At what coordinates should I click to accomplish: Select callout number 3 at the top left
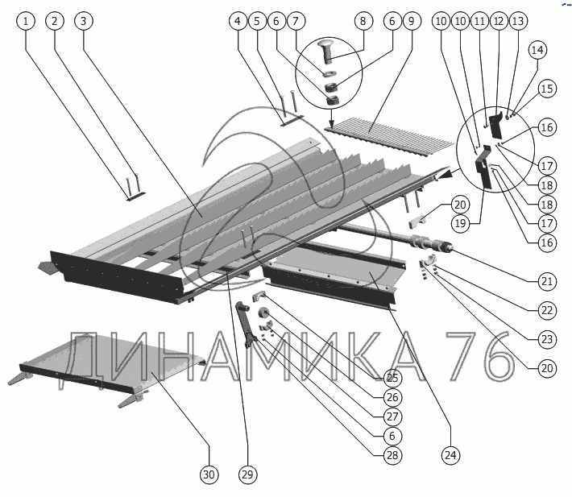click(83, 22)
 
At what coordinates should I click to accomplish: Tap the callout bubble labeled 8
click(361, 23)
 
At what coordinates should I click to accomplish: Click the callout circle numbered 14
click(537, 50)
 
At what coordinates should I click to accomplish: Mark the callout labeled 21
click(547, 281)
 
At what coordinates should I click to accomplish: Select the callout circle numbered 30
click(209, 475)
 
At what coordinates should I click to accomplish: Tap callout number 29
click(246, 475)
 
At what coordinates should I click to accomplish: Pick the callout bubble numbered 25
click(392, 377)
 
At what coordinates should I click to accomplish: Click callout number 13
click(517, 22)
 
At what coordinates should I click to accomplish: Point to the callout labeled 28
click(392, 456)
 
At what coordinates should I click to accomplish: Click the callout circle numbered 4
click(238, 22)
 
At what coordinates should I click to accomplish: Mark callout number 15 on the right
click(547, 89)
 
